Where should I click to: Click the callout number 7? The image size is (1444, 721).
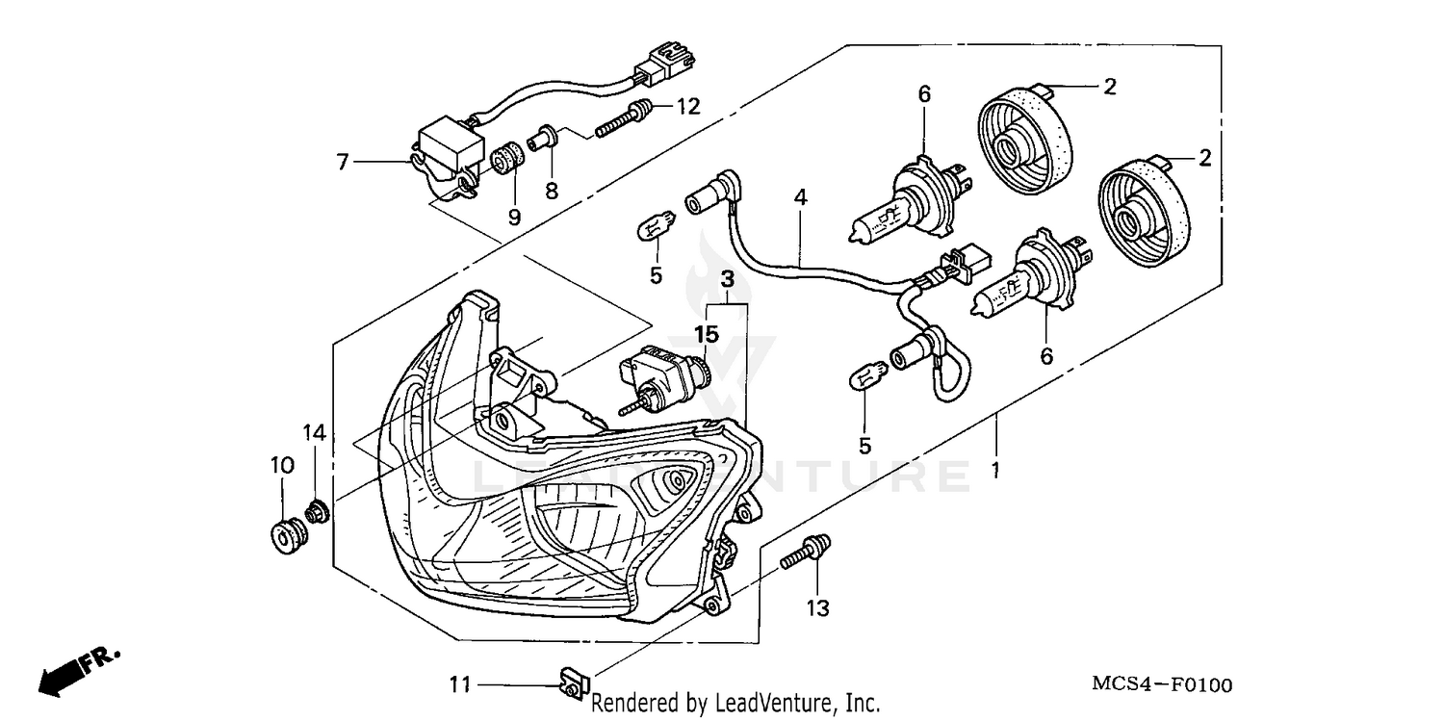coord(343,162)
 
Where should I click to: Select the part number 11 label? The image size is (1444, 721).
coord(461,685)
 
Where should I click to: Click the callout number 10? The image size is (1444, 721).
coord(281,465)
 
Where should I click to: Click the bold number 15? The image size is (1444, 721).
coord(708,334)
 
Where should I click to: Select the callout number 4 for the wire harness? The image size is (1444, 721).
coord(800,197)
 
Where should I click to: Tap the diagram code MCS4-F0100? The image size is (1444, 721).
coord(1161,685)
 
